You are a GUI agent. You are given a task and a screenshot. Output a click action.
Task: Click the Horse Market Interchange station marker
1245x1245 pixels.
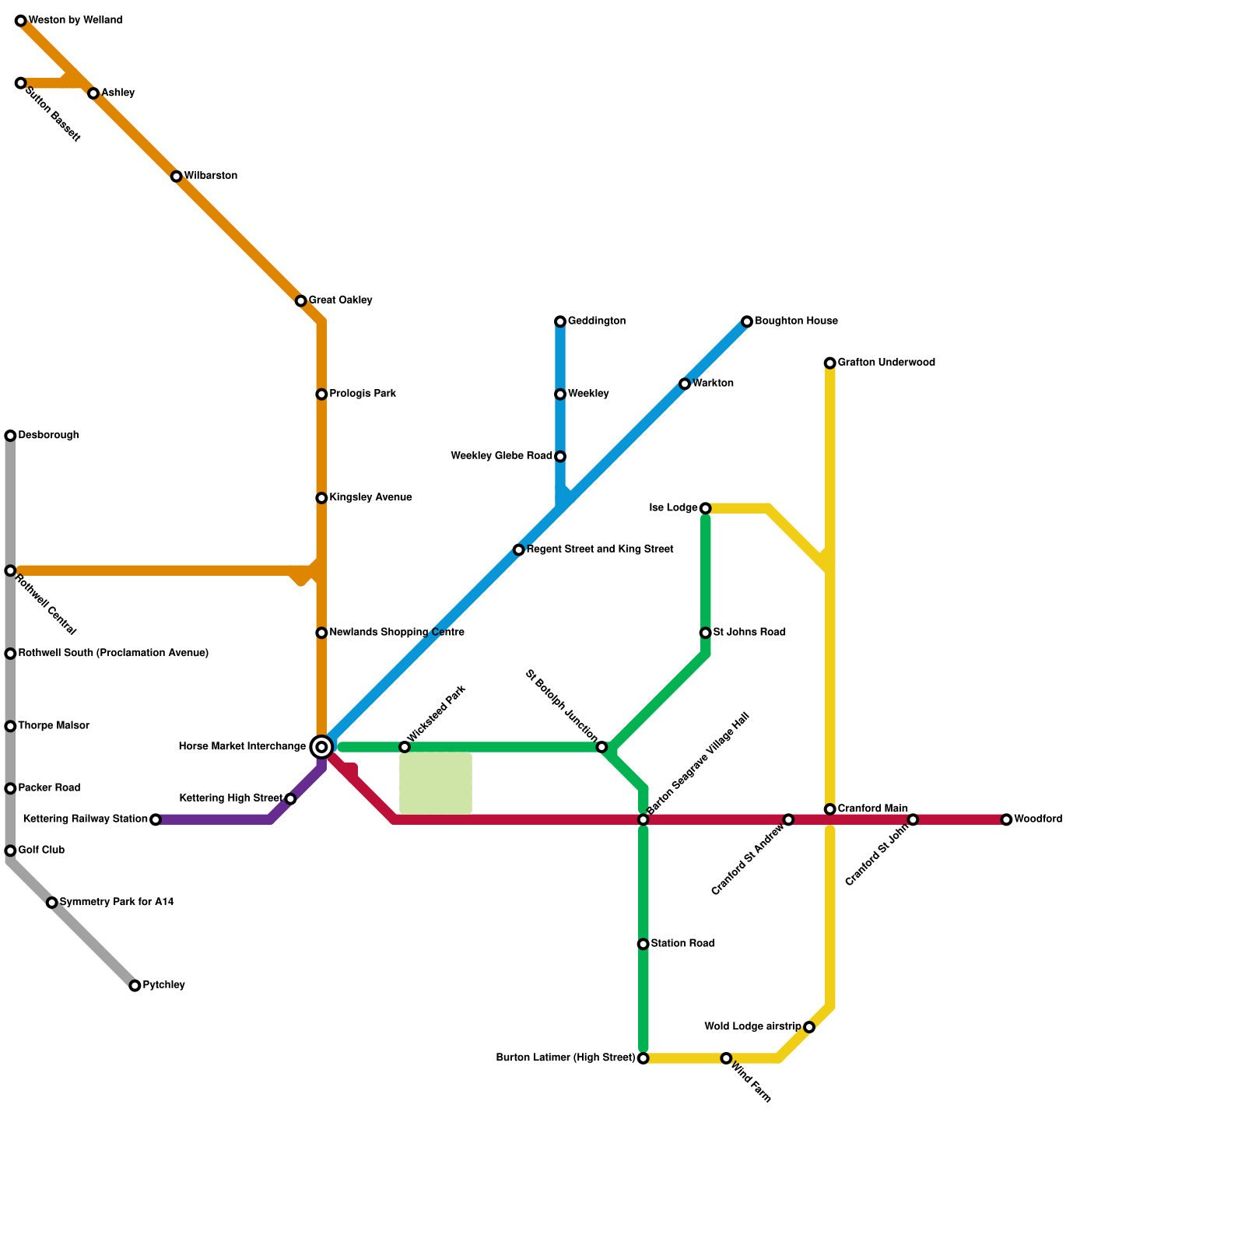pyautogui.click(x=321, y=747)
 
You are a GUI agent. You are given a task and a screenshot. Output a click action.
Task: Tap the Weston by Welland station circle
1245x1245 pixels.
pyautogui.click(x=21, y=21)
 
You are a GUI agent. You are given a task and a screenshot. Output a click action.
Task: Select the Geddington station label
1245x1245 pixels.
pyautogui.click(x=596, y=321)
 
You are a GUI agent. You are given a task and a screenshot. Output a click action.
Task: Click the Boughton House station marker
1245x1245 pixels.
pyautogui.click(x=747, y=321)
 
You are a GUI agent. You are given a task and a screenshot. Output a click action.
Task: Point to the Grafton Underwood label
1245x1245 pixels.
pyautogui.click(x=886, y=363)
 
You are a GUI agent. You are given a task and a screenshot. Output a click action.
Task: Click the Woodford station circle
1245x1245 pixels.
pyautogui.click(x=1006, y=819)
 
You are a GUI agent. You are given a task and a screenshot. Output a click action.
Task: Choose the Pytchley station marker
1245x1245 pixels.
pyautogui.click(x=135, y=986)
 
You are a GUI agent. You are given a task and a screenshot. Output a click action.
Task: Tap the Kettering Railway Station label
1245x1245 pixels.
pyautogui.click(x=86, y=819)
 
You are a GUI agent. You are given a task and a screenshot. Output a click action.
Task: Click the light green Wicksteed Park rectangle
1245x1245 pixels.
pyautogui.click(x=436, y=784)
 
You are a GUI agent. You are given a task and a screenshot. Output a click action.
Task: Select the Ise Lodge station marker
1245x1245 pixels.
pyautogui.click(x=705, y=509)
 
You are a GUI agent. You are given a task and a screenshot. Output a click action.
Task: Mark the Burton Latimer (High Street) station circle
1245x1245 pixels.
pyautogui.click(x=643, y=1058)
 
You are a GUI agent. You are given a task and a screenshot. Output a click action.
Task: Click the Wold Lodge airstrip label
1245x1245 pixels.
pyautogui.click(x=752, y=1027)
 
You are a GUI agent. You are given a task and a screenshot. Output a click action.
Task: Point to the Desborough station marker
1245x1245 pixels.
pyautogui.click(x=10, y=436)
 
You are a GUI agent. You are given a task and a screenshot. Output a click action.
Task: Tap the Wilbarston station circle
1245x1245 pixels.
pyautogui.click(x=177, y=177)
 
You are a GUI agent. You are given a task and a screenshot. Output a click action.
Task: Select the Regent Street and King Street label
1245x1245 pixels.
pyautogui.click(x=600, y=549)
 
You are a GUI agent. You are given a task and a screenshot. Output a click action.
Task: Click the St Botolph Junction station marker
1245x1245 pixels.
pyautogui.click(x=601, y=747)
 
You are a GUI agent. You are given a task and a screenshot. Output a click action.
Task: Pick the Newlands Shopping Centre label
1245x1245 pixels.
pyautogui.click(x=397, y=633)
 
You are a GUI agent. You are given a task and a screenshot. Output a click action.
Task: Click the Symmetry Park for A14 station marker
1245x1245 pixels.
pyautogui.click(x=52, y=903)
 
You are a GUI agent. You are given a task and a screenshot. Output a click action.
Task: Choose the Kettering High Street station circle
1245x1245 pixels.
pyautogui.click(x=290, y=799)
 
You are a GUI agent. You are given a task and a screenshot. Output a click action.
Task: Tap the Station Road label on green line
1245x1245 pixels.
pyautogui.click(x=682, y=944)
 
